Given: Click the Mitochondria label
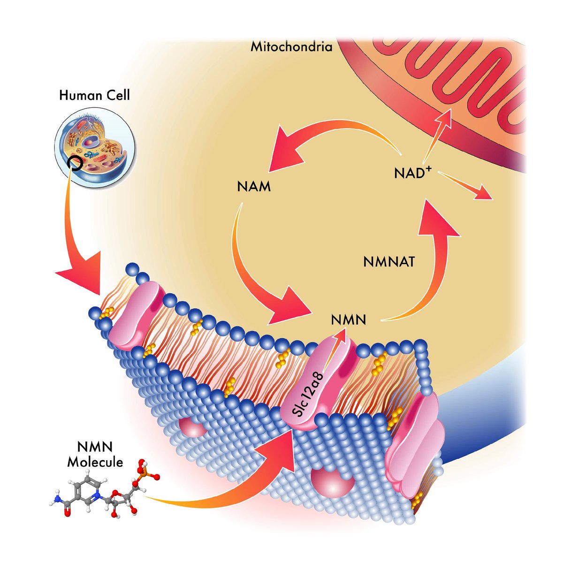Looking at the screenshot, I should point(291,47).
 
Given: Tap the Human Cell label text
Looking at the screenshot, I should point(94,96).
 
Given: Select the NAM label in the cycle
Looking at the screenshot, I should point(254,187).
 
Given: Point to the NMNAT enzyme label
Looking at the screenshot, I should point(389,262).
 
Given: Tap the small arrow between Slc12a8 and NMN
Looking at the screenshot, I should point(336,342).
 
